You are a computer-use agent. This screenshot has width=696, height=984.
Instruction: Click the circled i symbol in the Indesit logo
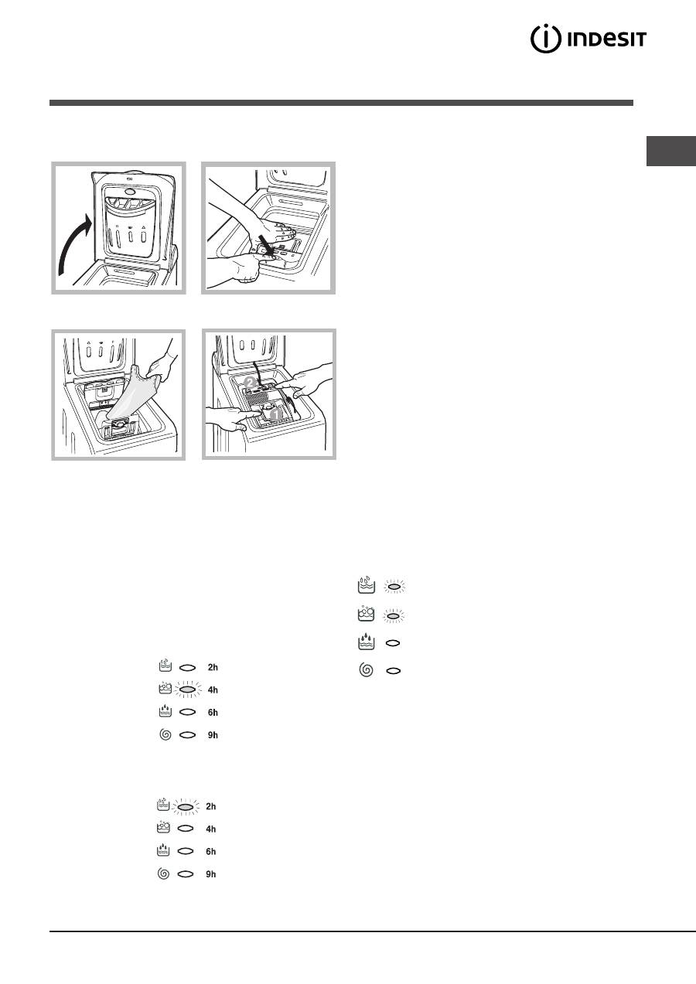tap(545, 39)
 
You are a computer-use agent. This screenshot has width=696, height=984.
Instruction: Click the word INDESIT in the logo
tap(607, 39)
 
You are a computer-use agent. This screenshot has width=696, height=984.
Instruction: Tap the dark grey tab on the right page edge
tap(671, 151)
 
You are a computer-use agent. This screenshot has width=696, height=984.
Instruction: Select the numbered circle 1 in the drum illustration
tap(275, 414)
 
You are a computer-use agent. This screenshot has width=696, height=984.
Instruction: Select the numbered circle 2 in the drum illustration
tap(250, 382)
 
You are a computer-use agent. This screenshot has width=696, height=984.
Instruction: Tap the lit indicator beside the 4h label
tap(188, 690)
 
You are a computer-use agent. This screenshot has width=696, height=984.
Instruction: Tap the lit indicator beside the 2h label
tap(186, 806)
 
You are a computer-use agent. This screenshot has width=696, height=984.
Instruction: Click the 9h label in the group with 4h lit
tap(213, 735)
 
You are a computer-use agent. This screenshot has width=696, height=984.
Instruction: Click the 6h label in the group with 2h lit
tap(211, 851)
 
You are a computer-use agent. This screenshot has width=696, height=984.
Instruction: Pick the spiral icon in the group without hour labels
tap(366, 670)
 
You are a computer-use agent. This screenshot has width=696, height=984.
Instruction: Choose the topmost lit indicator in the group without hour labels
tap(394, 587)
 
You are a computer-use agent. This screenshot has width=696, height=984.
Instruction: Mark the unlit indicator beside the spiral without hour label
tap(394, 671)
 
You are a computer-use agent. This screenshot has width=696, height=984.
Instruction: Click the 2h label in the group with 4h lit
tap(213, 667)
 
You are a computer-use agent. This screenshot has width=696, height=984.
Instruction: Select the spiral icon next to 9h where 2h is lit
tap(163, 873)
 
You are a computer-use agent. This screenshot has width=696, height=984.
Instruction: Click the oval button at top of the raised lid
tap(131, 192)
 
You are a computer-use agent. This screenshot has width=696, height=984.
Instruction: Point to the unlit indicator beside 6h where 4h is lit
tap(188, 712)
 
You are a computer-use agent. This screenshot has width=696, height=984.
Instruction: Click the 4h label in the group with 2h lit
tap(211, 829)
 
